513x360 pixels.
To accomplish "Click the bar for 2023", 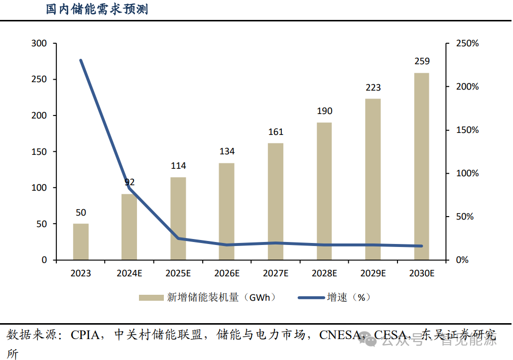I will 81,242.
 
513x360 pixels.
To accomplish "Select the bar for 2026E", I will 227,212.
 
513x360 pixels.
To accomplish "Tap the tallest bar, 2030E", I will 421,167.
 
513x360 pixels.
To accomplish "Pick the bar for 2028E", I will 324,191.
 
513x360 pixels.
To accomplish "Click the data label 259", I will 422,61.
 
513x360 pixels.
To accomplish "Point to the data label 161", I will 275,132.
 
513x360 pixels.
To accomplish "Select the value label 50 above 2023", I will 81,213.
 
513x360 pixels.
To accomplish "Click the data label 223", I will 373,88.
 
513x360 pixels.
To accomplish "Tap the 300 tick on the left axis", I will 38,44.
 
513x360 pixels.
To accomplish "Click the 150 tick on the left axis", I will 38,152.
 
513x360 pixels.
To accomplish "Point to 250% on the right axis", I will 468,44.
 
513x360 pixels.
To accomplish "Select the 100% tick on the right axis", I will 468,173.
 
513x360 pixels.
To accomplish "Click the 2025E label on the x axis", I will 178,273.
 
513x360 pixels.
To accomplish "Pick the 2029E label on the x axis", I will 373,273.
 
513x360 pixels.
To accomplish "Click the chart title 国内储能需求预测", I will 97,9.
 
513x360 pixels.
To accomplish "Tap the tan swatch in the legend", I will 151,298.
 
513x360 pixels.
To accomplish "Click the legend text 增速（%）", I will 349,298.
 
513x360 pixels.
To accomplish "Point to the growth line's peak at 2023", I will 81,61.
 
